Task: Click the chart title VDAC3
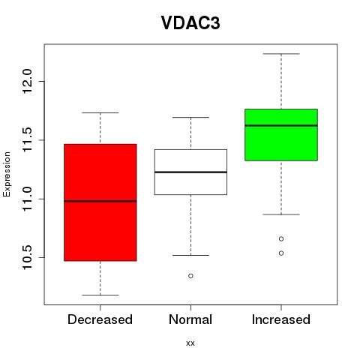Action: click(x=190, y=23)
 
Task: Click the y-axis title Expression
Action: click(x=7, y=174)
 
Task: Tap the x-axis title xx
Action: click(x=190, y=343)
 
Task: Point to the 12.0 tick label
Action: click(x=27, y=81)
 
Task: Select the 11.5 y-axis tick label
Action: click(x=27, y=140)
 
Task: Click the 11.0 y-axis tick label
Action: click(x=27, y=199)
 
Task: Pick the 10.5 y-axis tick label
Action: click(x=27, y=257)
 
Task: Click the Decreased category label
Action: click(x=100, y=319)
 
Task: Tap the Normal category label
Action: click(x=190, y=319)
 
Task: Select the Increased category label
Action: click(x=281, y=319)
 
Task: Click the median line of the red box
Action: click(x=100, y=201)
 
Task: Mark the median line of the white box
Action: click(x=190, y=172)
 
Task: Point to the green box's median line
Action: click(x=281, y=125)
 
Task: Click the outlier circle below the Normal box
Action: click(x=190, y=276)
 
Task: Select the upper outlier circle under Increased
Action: click(x=281, y=239)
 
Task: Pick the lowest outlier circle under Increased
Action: click(x=281, y=253)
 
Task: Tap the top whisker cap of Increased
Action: click(x=281, y=54)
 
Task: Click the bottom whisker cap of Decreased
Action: click(x=100, y=295)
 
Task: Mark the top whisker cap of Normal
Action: click(x=190, y=117)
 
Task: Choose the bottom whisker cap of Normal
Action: click(x=190, y=255)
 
